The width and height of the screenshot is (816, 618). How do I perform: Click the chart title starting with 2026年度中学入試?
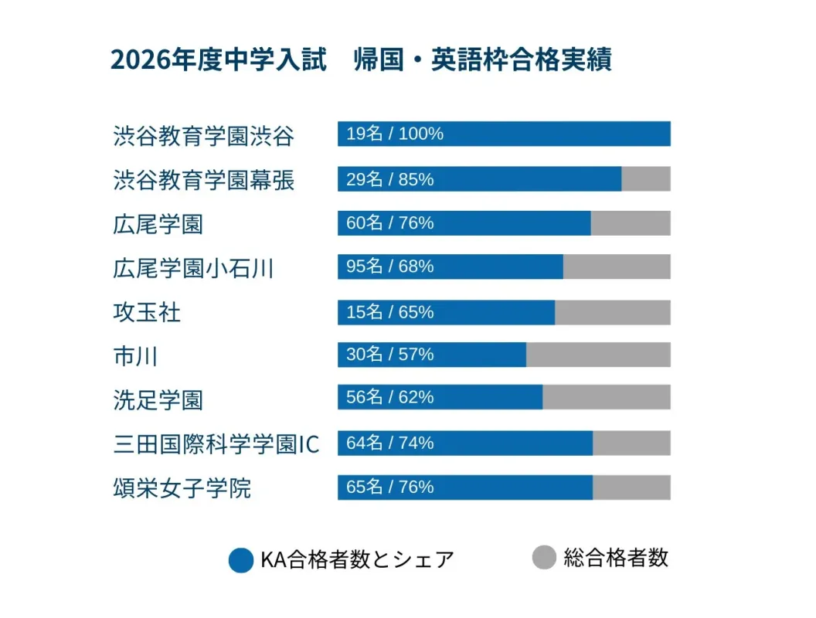coord(361,60)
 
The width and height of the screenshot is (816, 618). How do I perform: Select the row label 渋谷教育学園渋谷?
coord(203,136)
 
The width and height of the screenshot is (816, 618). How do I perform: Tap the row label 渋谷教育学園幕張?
coord(203,180)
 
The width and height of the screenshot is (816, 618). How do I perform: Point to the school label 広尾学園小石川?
coord(193,268)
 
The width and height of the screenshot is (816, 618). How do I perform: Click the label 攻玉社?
coord(147,312)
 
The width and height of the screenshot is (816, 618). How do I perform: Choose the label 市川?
coord(136,356)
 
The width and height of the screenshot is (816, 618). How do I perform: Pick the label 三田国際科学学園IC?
coord(216,444)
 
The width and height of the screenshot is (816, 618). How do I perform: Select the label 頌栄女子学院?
coord(182,488)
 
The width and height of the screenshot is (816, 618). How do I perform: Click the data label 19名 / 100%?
coord(395,134)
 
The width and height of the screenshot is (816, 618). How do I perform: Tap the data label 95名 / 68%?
coord(390,267)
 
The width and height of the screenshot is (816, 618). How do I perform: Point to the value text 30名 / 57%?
coord(390,355)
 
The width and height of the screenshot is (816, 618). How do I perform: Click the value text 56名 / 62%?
coord(390,397)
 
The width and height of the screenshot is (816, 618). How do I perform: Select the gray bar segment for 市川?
coord(598,355)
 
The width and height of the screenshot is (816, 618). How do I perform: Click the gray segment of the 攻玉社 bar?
coord(612,312)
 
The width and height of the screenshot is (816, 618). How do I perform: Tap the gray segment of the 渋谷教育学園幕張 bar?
coord(646,178)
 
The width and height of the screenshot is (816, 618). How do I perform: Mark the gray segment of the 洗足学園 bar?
coord(606,397)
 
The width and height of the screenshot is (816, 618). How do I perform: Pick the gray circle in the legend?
coord(545,557)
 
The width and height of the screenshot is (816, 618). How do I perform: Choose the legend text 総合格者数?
coord(616,558)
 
